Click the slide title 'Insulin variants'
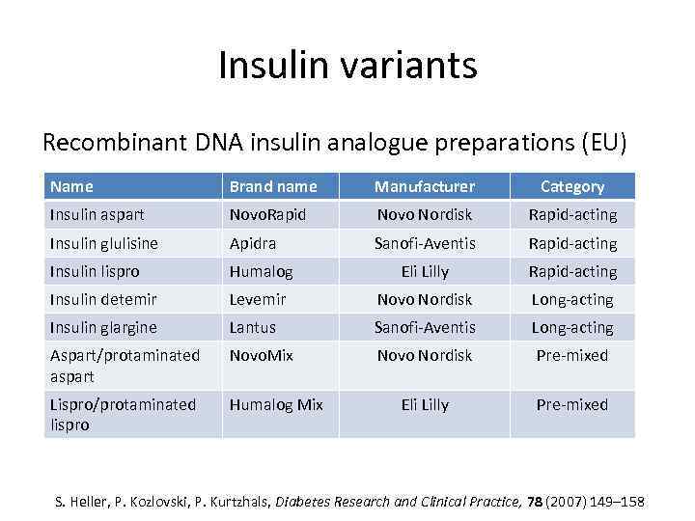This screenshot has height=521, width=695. (347, 66)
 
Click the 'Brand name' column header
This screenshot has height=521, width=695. (273, 186)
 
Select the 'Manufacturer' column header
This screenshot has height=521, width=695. (425, 186)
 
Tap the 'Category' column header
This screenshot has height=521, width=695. (572, 186)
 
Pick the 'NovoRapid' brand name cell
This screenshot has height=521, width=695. (267, 214)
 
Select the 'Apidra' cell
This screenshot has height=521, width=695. (254, 243)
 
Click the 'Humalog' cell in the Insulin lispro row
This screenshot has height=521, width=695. (261, 271)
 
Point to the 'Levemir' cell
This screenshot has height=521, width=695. (258, 299)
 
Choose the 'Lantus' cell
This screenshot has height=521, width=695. (253, 328)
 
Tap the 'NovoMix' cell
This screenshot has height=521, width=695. (261, 355)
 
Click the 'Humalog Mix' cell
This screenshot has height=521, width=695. (276, 404)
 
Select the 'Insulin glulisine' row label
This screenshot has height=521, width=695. (103, 243)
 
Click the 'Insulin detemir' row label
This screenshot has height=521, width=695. (103, 299)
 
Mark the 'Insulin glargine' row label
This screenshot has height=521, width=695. (103, 328)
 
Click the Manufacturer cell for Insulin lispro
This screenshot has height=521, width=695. (425, 271)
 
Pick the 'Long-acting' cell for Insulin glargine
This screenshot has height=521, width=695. (572, 328)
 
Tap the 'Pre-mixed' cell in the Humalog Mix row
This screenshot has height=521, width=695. (572, 404)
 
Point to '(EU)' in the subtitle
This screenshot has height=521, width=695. (603, 143)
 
